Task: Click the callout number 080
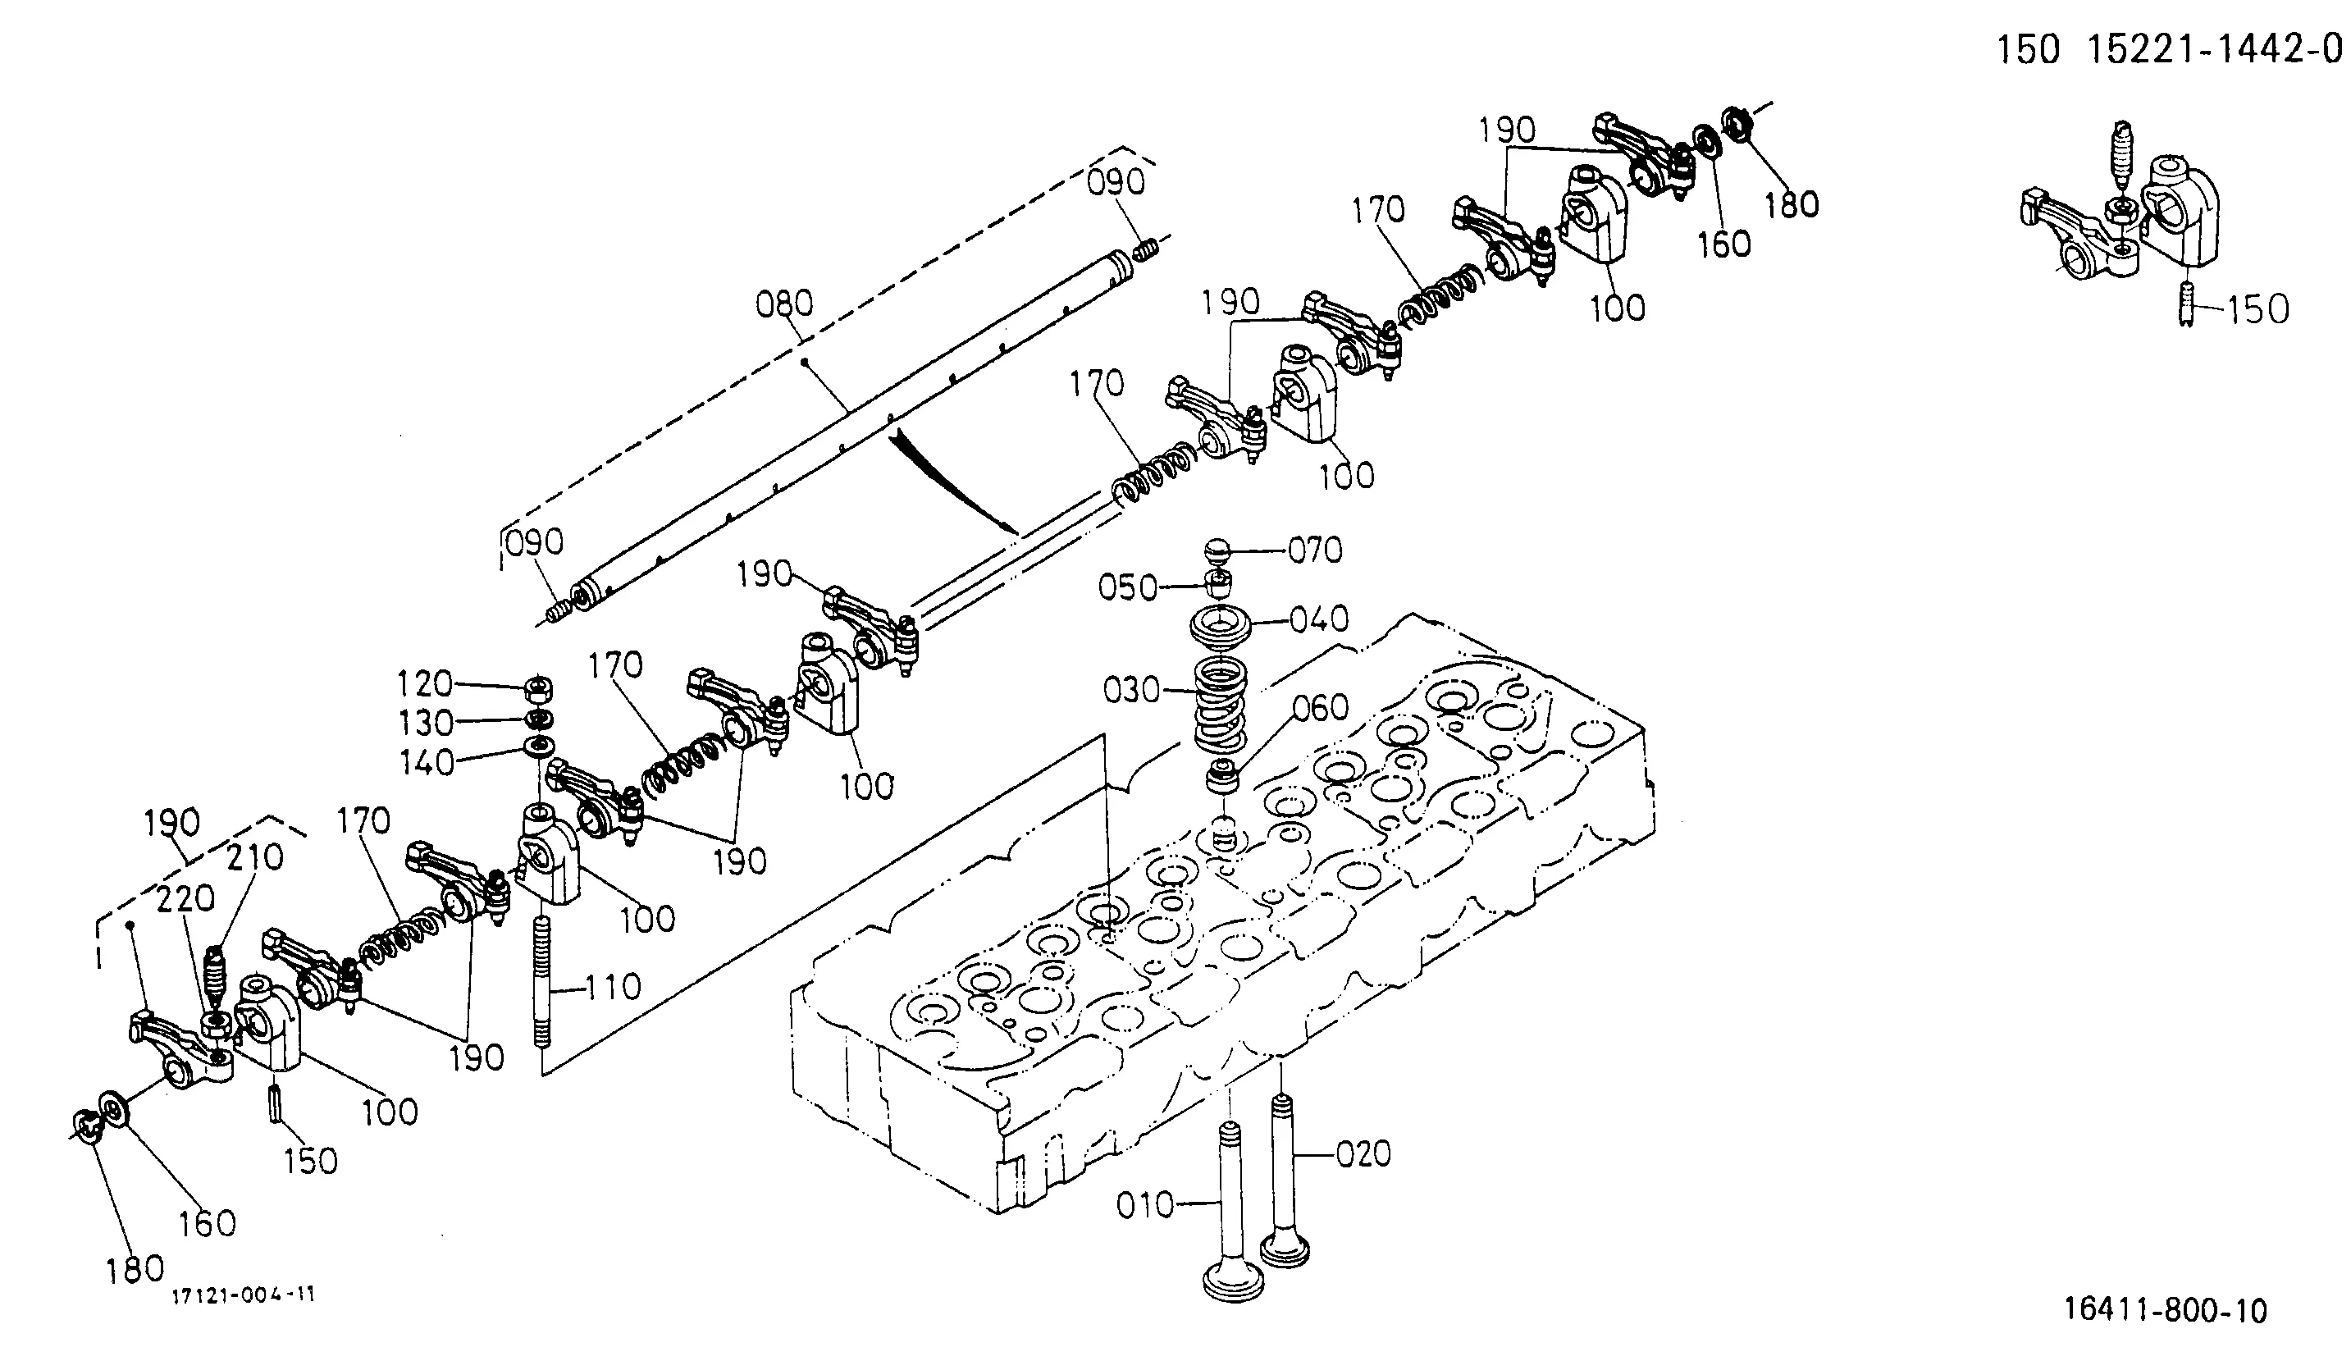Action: coord(784,304)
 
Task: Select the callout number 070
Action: coord(1316,550)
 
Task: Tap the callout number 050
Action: coord(1127,588)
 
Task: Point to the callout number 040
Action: coord(1320,619)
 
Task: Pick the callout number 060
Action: coord(1321,708)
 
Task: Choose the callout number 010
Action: coord(1146,1206)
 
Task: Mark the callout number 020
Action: coord(1364,1154)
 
